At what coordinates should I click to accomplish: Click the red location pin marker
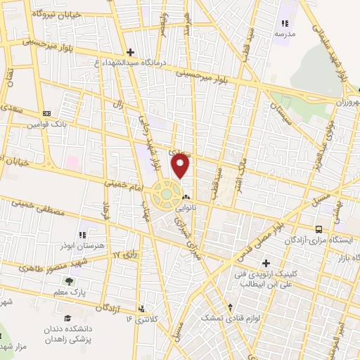(181, 166)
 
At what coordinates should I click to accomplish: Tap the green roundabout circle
(167, 191)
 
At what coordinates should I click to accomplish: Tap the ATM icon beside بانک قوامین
(47, 112)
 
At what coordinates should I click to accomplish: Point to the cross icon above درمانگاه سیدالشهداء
(131, 52)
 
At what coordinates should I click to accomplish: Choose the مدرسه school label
(285, 34)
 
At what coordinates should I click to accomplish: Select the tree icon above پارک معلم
(69, 281)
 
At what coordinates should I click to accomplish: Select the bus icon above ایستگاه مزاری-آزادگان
(319, 229)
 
